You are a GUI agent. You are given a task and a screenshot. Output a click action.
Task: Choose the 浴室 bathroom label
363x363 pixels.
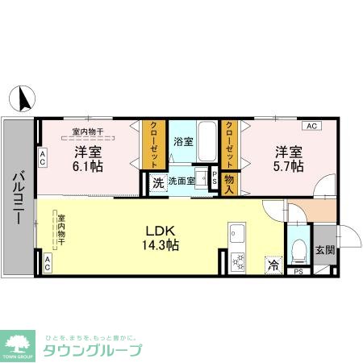183,141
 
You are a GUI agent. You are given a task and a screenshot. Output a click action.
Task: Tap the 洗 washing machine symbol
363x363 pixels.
159,182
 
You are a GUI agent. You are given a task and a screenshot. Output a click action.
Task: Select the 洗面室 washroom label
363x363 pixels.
181,181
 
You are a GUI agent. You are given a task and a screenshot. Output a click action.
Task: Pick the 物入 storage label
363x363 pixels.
229,185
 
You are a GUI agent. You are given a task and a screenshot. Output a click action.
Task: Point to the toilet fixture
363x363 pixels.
298,248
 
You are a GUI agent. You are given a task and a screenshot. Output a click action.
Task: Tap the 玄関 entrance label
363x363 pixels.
326,250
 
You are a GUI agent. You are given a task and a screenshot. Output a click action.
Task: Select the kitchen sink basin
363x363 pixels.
238,236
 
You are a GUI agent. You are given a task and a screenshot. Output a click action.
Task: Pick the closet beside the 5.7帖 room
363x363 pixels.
229,144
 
